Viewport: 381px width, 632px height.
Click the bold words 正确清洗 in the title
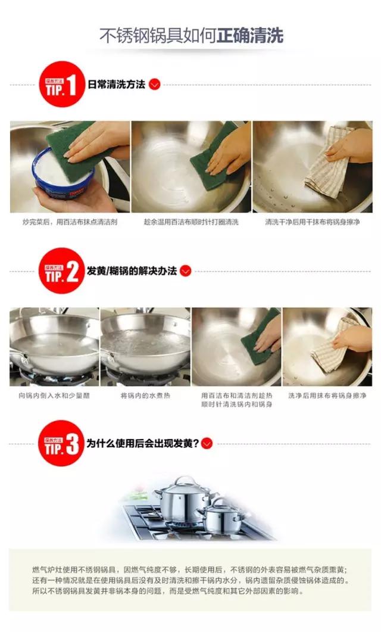click(x=250, y=35)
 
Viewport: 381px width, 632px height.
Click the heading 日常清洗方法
click(x=116, y=84)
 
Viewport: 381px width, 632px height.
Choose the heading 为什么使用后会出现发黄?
click(x=142, y=443)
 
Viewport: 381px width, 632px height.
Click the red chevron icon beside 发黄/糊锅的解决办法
click(x=186, y=271)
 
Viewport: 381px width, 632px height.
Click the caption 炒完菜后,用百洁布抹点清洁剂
click(x=70, y=222)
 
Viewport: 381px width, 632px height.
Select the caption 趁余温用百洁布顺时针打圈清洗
click(x=191, y=222)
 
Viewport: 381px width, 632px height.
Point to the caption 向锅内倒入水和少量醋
click(x=54, y=395)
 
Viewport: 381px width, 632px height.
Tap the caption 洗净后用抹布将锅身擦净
click(x=327, y=395)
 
